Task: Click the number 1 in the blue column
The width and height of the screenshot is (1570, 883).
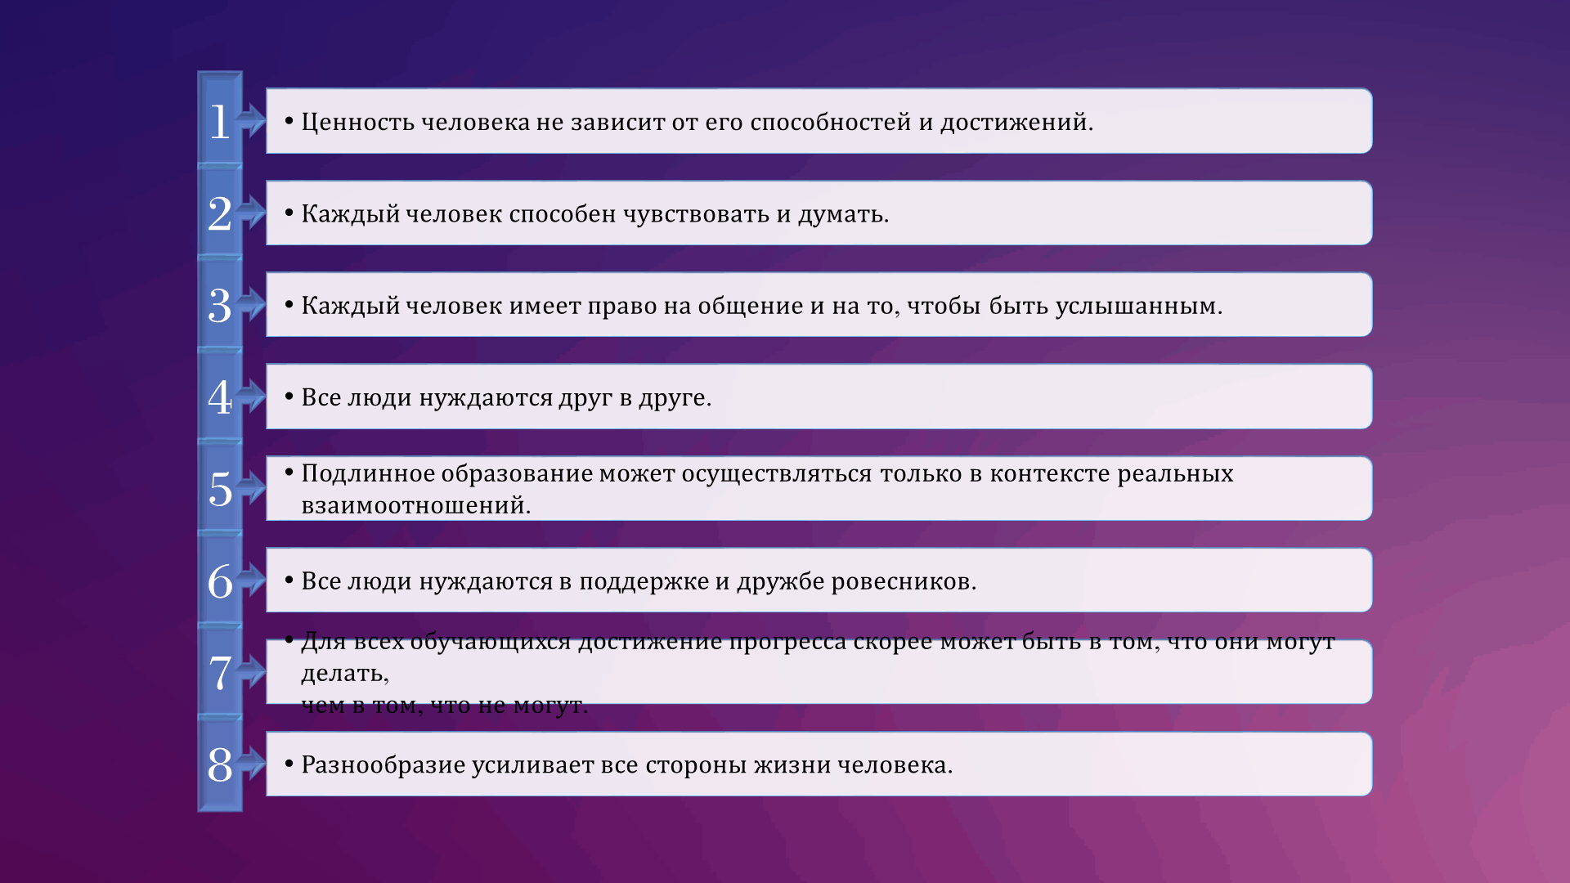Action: [x=219, y=122]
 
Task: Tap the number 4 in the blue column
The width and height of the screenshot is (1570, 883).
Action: [x=219, y=398]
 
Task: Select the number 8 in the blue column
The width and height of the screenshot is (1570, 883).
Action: [x=219, y=765]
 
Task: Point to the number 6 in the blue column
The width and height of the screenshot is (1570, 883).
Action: [x=219, y=582]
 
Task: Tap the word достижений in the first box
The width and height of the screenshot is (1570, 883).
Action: [x=1016, y=122]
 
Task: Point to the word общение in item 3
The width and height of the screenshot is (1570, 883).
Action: [x=750, y=306]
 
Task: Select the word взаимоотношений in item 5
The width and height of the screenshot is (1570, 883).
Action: [x=415, y=505]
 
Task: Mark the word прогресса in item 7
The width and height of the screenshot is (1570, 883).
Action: [x=787, y=642]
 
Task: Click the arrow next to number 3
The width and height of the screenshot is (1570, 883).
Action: [x=252, y=304]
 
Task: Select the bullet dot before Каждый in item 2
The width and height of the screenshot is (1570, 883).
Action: [x=289, y=213]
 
